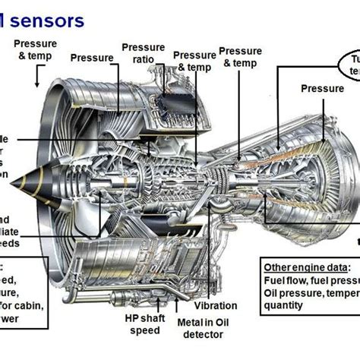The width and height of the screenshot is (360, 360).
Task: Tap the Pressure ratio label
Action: [x=143, y=53]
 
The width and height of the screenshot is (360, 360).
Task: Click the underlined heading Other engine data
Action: [x=306, y=267]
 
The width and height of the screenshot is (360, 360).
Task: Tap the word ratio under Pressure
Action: [x=143, y=59]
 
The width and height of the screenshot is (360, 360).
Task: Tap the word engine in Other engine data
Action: [x=305, y=267]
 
